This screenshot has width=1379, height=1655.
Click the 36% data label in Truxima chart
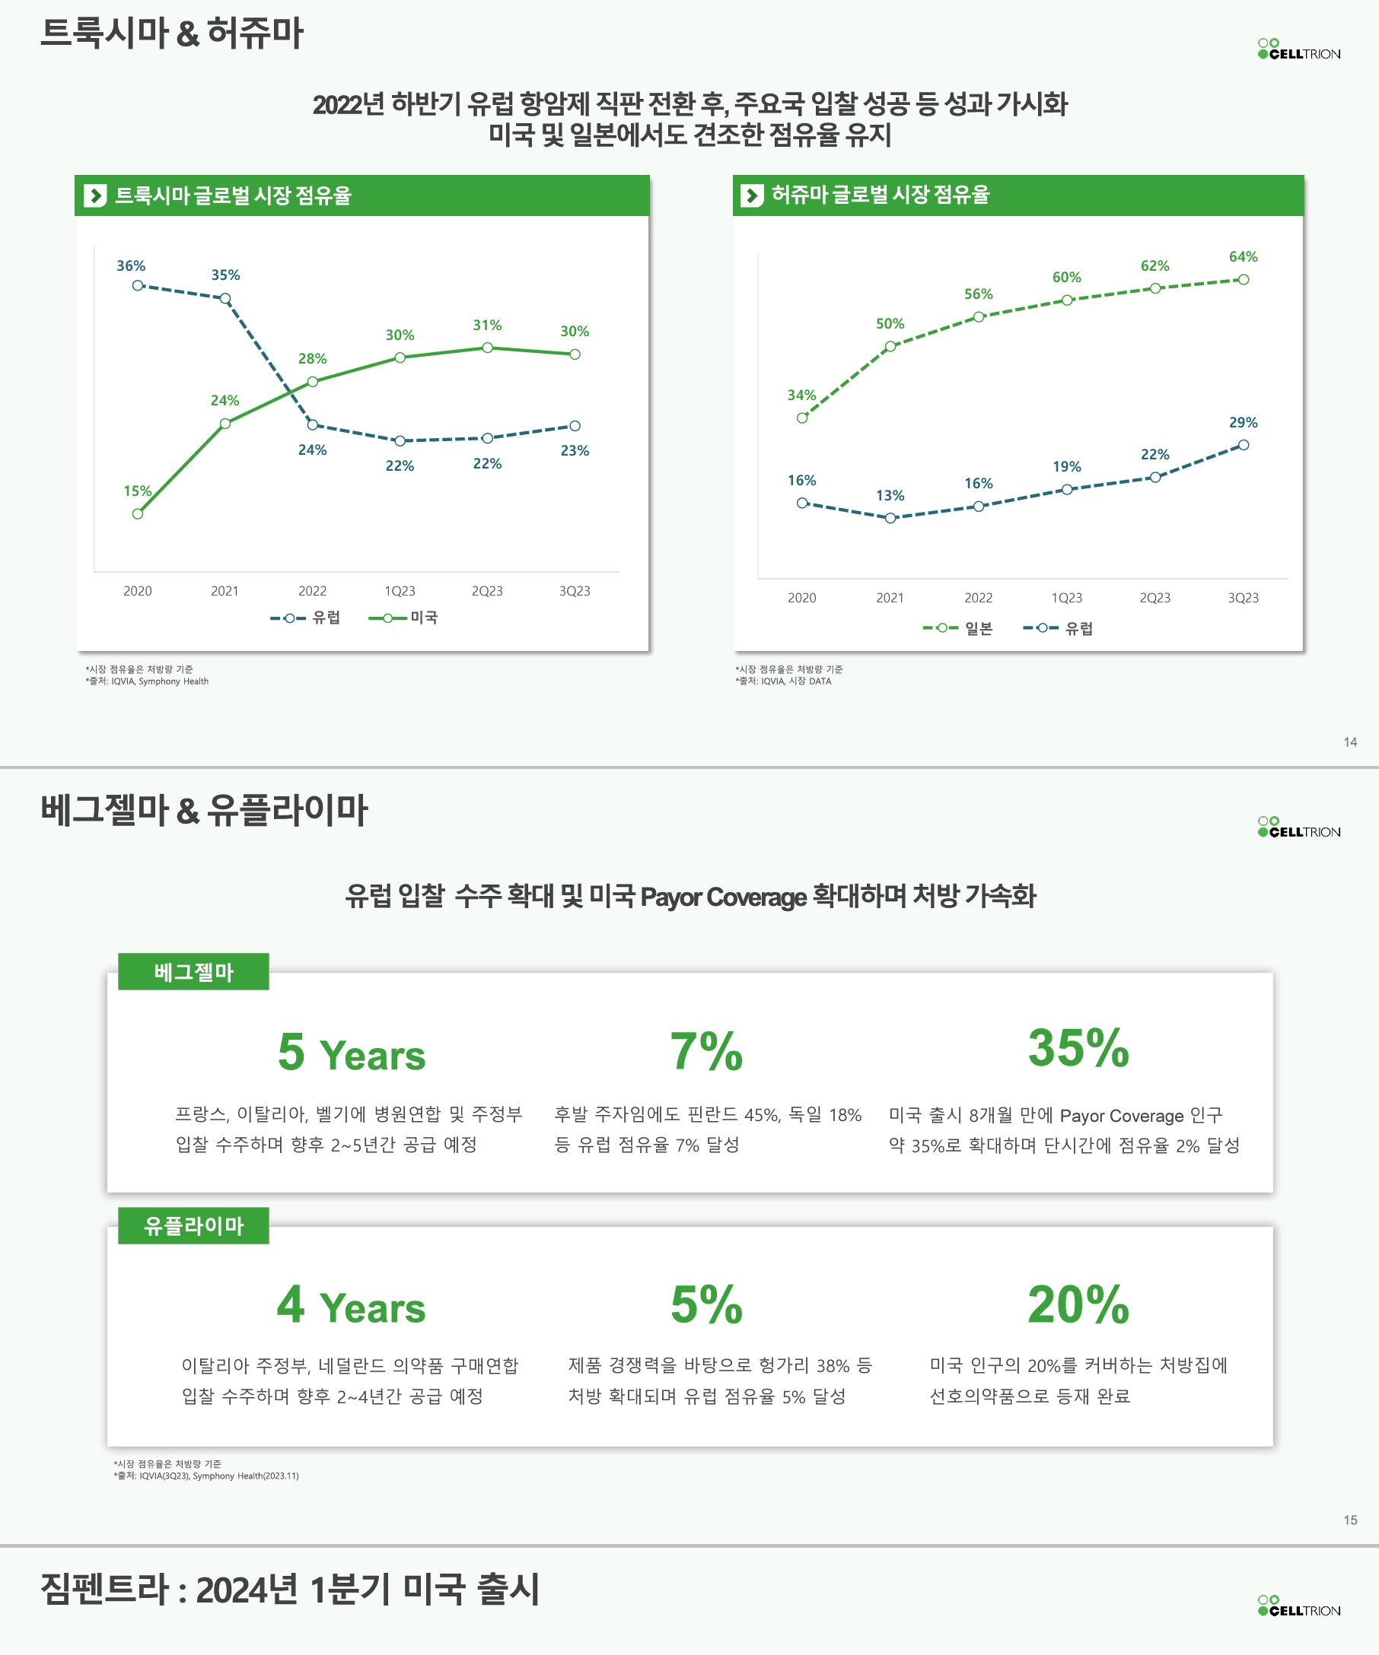[131, 266]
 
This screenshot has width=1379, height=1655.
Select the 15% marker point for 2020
[138, 514]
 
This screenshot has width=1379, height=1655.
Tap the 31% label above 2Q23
[487, 326]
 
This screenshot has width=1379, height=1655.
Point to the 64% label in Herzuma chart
[1243, 257]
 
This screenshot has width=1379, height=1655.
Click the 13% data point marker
[890, 518]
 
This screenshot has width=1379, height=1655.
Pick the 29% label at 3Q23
[1243, 422]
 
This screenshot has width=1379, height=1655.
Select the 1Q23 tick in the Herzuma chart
[1066, 598]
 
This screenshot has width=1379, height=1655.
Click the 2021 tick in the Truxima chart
[225, 591]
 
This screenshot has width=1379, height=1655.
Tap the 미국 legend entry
[403, 618]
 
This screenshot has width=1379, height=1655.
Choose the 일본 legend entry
[959, 629]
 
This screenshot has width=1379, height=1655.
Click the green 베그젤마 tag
[193, 972]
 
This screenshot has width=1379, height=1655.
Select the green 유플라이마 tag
[193, 1225]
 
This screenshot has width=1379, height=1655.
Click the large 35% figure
[1078, 1048]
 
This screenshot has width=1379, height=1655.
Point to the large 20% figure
[1078, 1304]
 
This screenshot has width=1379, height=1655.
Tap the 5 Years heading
[351, 1053]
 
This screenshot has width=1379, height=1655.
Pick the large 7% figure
[705, 1051]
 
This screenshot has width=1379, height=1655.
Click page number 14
[1350, 742]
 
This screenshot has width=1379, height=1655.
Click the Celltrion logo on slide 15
[1298, 827]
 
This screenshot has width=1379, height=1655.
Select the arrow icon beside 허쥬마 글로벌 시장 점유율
[752, 195]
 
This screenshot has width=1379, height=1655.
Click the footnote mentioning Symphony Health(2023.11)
[207, 1476]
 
